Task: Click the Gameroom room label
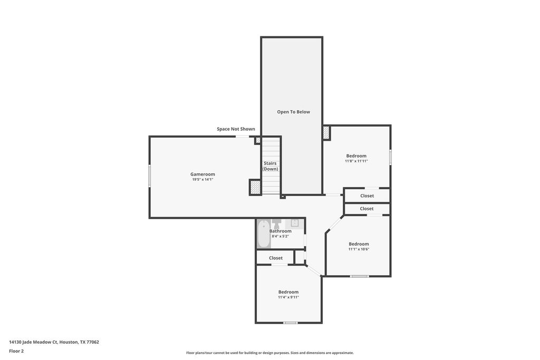pos(202,174)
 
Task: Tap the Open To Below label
pos(293,112)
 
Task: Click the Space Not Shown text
pos(236,129)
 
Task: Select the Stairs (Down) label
pos(271,166)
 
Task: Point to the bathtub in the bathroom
pos(264,233)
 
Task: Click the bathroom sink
pos(295,222)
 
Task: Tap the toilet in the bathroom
pos(277,222)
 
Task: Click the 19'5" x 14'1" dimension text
pos(202,180)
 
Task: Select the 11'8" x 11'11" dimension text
pos(356,161)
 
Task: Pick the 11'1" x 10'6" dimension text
pos(359,249)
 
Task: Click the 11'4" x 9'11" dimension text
pos(288,297)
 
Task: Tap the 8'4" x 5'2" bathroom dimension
pos(280,237)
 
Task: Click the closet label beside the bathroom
pos(276,258)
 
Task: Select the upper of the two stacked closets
pos(367,196)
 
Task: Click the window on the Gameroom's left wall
pos(149,176)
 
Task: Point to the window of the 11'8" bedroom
pos(390,157)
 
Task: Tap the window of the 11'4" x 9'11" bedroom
pos(291,323)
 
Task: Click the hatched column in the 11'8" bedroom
pos(326,133)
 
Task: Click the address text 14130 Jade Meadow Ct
pos(33,342)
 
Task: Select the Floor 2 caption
pos(16,351)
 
